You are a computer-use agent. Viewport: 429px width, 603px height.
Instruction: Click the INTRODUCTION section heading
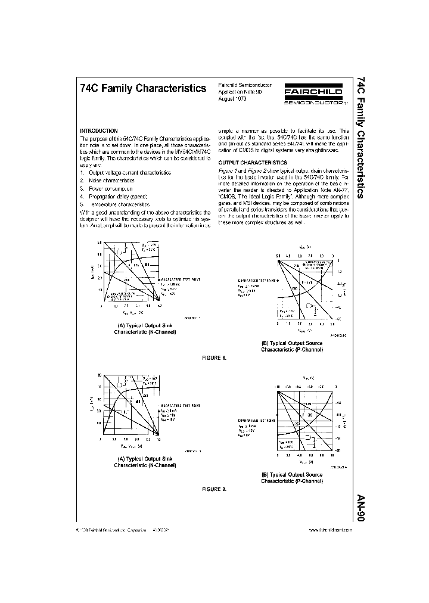pyautogui.click(x=99, y=131)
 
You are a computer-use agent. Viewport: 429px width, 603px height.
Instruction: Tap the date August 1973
pyautogui.click(x=232, y=99)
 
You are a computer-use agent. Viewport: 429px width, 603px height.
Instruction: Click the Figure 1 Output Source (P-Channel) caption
pyautogui.click(x=292, y=346)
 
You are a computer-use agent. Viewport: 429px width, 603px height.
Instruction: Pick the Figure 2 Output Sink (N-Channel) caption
pyautogui.click(x=134, y=462)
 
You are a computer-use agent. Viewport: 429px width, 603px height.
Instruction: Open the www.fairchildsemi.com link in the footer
pyautogui.click(x=327, y=529)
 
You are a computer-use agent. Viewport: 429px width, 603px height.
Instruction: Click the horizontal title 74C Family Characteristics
pyautogui.click(x=142, y=88)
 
